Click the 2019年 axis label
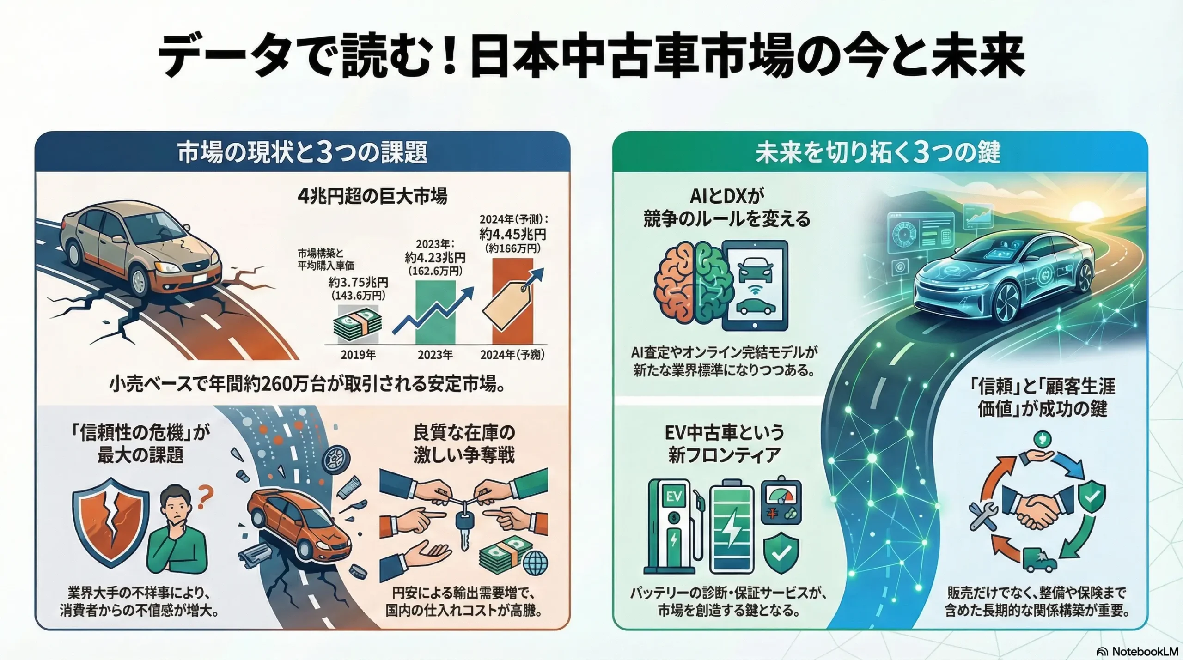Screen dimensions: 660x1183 (x=358, y=355)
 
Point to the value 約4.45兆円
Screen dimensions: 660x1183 (x=512, y=234)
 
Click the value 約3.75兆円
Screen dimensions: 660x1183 (x=358, y=282)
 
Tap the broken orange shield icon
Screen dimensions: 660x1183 (x=111, y=522)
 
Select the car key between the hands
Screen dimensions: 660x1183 (x=463, y=531)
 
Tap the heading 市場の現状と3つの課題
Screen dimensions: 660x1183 (x=302, y=153)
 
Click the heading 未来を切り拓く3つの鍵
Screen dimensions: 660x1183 (x=878, y=153)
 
